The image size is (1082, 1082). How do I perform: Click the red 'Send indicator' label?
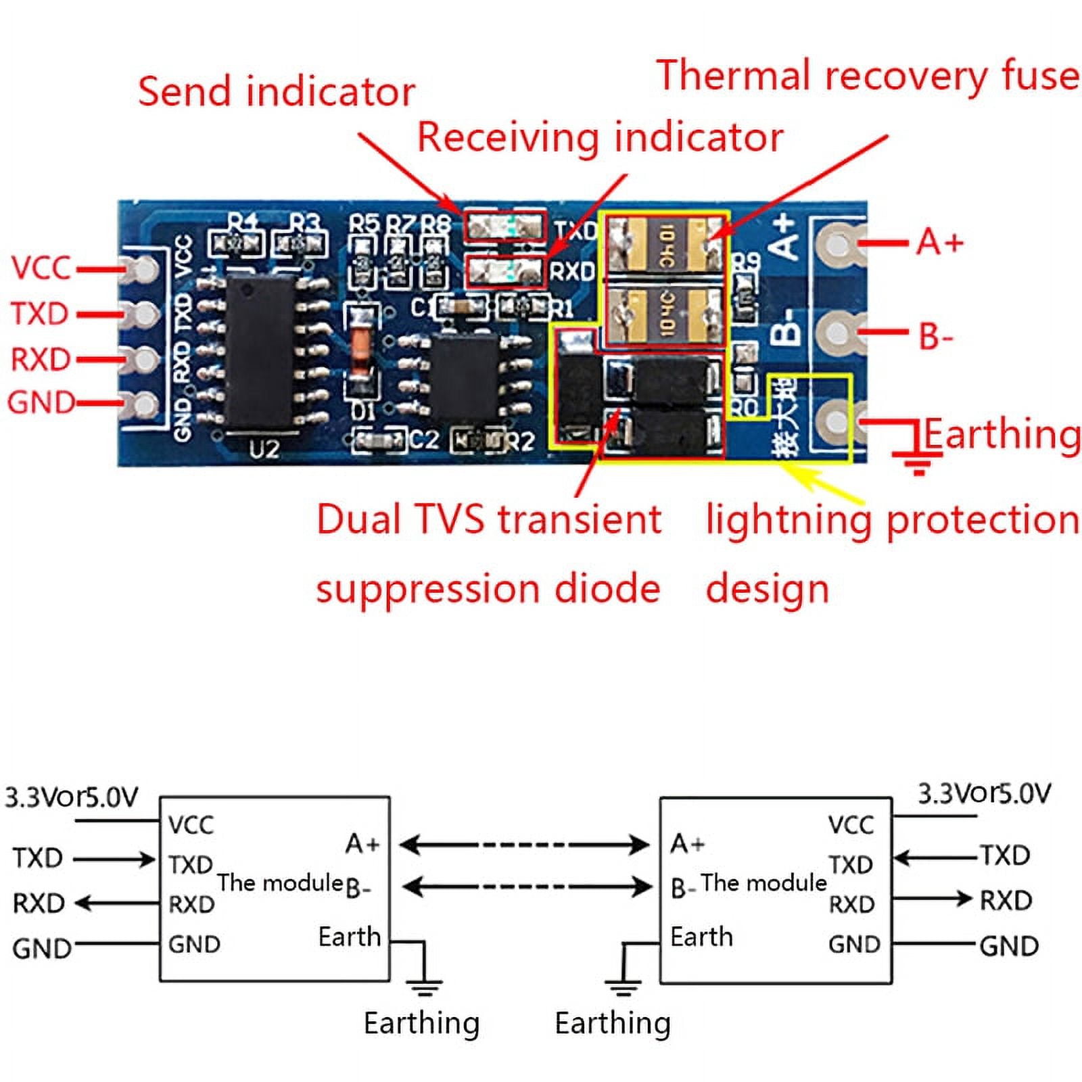pos(276,92)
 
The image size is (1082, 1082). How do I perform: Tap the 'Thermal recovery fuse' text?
pos(867,76)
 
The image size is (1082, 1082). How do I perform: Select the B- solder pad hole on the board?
pos(837,331)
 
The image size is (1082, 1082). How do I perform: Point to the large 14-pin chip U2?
pos(260,352)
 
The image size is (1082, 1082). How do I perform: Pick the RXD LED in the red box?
pos(506,271)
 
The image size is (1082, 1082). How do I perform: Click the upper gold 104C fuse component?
pos(665,245)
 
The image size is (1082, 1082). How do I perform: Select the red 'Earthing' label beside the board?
pos(1001,434)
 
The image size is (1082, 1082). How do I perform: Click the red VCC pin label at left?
pos(41,268)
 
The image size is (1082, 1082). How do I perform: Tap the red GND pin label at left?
pos(41,403)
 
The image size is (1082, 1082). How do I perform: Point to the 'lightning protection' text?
pos(891,520)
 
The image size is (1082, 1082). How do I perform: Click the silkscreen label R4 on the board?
pos(242,222)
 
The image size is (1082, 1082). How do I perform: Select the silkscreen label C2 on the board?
pos(424,440)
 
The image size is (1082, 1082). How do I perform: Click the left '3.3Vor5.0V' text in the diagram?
pos(71,797)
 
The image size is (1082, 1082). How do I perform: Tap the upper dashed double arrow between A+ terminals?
pos(524,845)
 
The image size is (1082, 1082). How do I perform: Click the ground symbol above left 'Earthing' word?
pos(423,986)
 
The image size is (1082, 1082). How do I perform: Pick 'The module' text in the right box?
pos(763,883)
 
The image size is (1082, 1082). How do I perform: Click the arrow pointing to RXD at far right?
pos(933,899)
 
